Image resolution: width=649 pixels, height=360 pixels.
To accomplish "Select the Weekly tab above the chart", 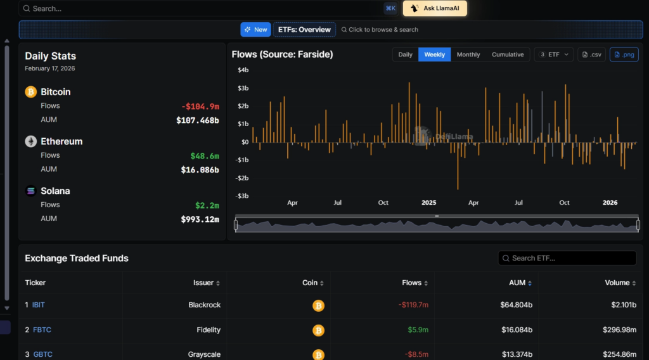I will pyautogui.click(x=434, y=55).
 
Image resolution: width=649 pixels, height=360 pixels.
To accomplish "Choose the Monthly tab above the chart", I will pyautogui.click(x=468, y=55).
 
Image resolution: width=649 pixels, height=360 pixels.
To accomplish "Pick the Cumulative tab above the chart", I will pyautogui.click(x=508, y=55).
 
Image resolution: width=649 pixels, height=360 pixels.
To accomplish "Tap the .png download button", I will pyautogui.click(x=624, y=55).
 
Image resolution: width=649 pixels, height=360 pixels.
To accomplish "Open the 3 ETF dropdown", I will pyautogui.click(x=554, y=55).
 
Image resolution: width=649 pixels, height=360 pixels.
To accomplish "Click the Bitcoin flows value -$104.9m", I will pyautogui.click(x=200, y=106).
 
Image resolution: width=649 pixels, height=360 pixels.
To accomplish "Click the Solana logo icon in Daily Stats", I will pyautogui.click(x=30, y=191).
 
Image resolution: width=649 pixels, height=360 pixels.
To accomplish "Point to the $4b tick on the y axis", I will pyautogui.click(x=243, y=70).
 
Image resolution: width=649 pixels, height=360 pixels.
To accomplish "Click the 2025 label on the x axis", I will pyautogui.click(x=428, y=203).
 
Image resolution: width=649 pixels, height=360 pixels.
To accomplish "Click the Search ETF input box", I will pyautogui.click(x=567, y=258).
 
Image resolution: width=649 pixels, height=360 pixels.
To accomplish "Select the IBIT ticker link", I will pyautogui.click(x=39, y=305).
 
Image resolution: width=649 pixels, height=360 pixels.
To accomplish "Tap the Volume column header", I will pyautogui.click(x=617, y=283).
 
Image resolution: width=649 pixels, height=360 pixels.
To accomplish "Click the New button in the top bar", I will pyautogui.click(x=255, y=30).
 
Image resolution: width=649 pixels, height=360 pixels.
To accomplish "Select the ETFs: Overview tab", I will pyautogui.click(x=304, y=30).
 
